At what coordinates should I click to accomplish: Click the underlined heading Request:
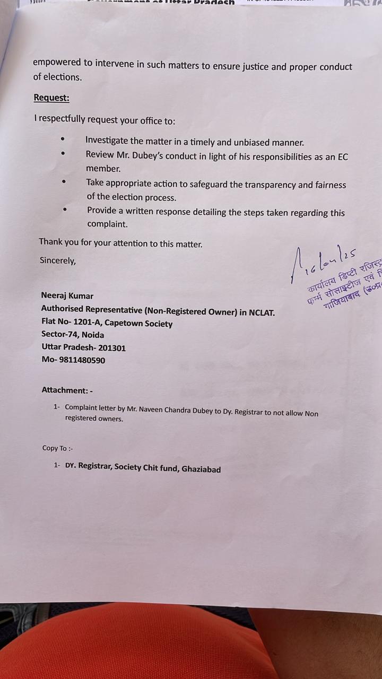point(51,98)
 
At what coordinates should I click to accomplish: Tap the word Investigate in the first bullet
point(107,141)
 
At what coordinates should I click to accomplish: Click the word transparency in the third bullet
point(271,185)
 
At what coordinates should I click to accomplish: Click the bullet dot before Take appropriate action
point(64,181)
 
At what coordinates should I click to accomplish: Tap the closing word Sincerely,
point(58,260)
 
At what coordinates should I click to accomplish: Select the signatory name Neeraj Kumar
point(67,295)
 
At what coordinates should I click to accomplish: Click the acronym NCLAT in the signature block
point(261,312)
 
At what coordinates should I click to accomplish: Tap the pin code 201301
point(112,348)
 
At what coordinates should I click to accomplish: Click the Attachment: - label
point(67,390)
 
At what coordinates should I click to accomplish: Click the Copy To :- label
point(58,448)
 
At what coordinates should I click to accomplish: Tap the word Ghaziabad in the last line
point(201,469)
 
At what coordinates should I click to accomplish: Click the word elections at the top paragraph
point(62,77)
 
